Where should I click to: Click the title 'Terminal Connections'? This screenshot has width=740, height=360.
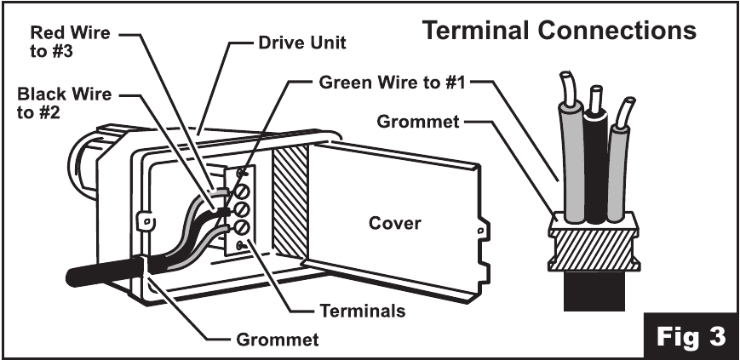click(x=559, y=31)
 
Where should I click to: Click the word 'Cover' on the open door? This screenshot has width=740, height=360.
click(x=394, y=223)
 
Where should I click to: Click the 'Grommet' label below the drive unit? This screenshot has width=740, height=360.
click(x=277, y=340)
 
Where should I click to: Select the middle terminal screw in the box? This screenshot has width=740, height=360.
click(x=242, y=208)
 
